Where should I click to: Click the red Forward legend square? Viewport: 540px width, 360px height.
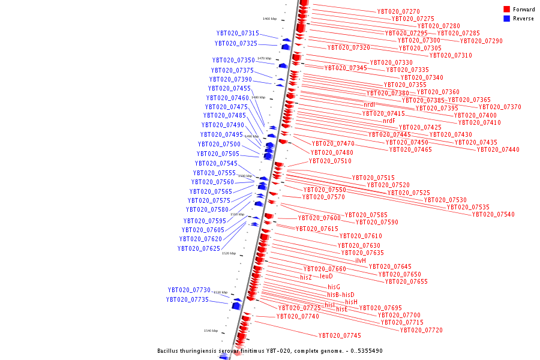506,9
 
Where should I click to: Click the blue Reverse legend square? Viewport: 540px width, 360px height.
506,19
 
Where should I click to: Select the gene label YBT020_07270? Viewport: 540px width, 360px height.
398,11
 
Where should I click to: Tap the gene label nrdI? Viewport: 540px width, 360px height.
369,105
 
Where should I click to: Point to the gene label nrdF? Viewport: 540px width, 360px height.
389,121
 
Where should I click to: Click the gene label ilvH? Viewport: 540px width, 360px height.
361,260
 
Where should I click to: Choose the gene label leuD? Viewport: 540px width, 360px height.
326,277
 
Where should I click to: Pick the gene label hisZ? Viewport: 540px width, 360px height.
306,277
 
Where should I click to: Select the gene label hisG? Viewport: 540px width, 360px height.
334,287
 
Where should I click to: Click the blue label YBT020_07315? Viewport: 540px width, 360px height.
238,34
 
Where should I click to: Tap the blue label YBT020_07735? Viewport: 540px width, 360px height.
187,299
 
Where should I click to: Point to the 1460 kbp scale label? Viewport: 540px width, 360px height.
269,19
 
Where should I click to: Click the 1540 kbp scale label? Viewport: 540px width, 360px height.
211,331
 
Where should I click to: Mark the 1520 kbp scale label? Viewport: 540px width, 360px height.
229,253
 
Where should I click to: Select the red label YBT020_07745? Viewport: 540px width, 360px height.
340,335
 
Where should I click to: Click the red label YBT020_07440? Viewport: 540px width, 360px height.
498,149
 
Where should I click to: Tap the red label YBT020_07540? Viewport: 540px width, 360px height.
493,214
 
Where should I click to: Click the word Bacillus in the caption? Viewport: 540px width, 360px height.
169,350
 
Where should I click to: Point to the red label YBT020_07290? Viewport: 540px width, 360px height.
481,41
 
